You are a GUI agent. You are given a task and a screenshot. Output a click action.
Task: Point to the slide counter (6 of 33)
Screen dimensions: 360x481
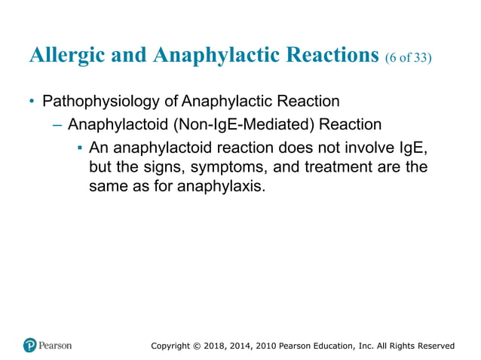pos(408,56)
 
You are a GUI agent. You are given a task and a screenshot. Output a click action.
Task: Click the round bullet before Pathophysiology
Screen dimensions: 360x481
pos(32,101)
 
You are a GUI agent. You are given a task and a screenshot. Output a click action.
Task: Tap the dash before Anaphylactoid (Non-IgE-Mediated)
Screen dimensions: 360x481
pos(57,123)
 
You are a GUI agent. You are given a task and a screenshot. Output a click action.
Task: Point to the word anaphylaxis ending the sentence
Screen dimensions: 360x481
pos(222,185)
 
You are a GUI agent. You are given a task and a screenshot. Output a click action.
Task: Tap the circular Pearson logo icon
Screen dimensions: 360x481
pos(30,346)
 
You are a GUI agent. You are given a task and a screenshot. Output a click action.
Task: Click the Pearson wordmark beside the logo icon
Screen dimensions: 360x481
pos(57,346)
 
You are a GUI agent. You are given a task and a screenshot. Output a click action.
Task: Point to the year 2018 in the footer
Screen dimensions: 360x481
pos(226,346)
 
